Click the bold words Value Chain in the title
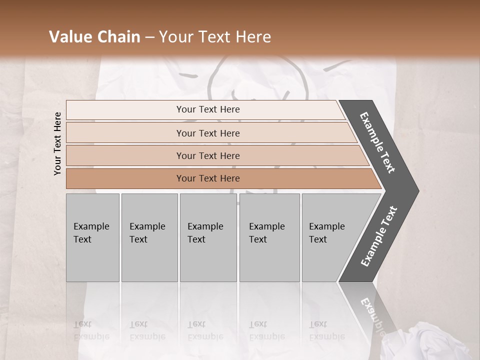click(x=94, y=37)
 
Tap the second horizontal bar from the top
click(x=208, y=133)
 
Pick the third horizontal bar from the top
click(x=208, y=155)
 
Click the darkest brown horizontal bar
click(x=208, y=178)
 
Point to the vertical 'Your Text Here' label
click(x=57, y=143)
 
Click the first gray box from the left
click(x=92, y=237)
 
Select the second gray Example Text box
click(x=149, y=237)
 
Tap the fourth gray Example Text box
click(x=269, y=237)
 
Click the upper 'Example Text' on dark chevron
click(x=377, y=142)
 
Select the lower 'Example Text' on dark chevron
click(x=379, y=236)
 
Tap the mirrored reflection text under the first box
click(x=91, y=330)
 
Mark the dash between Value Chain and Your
click(x=149, y=37)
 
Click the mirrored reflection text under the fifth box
click(x=326, y=330)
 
